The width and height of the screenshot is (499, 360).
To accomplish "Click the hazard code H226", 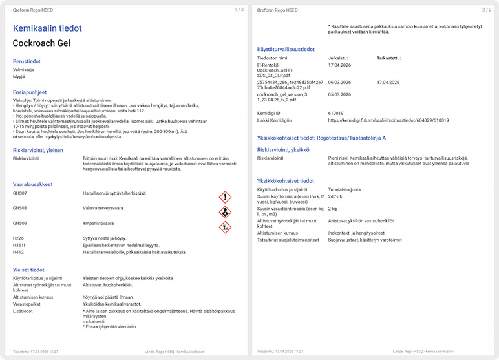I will pyautogui.click(x=18, y=238).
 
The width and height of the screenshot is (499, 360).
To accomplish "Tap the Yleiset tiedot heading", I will pyautogui.click(x=28, y=270).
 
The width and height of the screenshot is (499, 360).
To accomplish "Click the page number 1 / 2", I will pyautogui.click(x=239, y=10).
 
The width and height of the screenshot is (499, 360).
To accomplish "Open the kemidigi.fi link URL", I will pyautogui.click(x=388, y=120).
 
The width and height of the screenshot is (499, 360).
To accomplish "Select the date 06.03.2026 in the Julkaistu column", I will pyautogui.click(x=339, y=83).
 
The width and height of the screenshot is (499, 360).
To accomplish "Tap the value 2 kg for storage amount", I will pyautogui.click(x=333, y=209).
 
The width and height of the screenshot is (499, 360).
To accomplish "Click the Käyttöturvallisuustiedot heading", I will pyautogui.click(x=286, y=48).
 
